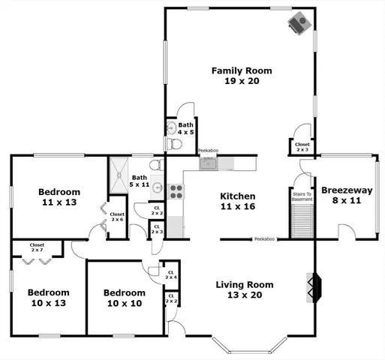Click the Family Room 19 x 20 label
click(x=241, y=76)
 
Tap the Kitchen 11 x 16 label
click(x=237, y=202)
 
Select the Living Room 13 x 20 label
click(x=244, y=290)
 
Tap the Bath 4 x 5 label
click(x=186, y=128)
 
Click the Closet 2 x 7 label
click(x=37, y=247)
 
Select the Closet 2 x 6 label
click(x=117, y=217)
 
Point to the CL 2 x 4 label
click(x=171, y=275)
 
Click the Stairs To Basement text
click(x=302, y=196)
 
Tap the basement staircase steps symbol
click(x=302, y=220)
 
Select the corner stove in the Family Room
click(x=299, y=22)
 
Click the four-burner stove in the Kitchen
click(x=176, y=192)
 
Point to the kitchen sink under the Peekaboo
click(x=208, y=163)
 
